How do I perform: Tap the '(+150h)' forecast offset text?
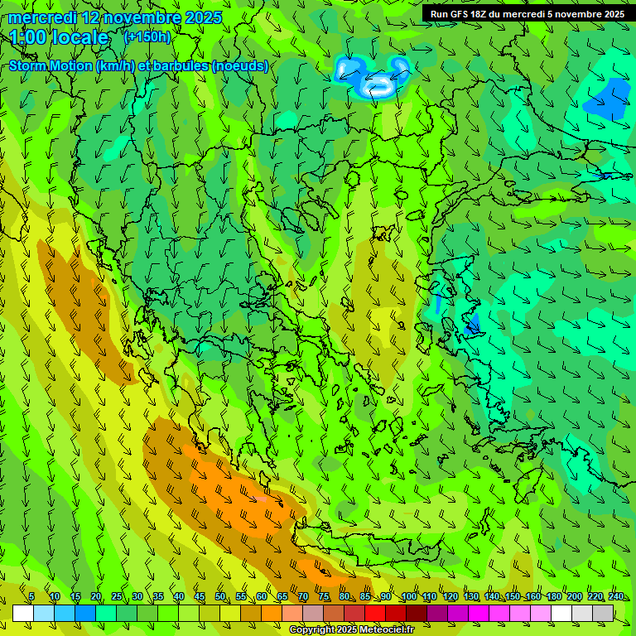pos(147,36)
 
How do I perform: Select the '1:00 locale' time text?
pos(59,37)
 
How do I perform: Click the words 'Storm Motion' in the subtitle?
pos(51,66)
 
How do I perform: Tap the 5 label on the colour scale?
pos(31,596)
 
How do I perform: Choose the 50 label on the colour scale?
pos(220,596)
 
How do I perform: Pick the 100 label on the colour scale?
pos(409,596)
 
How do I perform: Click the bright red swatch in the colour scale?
pos(375,613)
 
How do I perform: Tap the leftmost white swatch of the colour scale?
pos(23,613)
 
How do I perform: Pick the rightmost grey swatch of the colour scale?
pos(603,613)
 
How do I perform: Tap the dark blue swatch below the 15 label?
pos(85,613)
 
